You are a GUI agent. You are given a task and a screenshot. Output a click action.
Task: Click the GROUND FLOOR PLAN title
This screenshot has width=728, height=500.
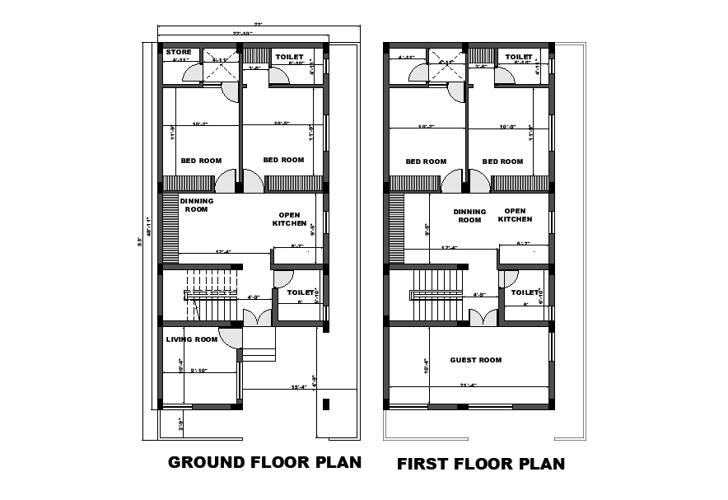point(264,462)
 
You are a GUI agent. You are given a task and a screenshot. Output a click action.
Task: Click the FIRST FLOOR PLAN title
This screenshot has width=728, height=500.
point(481,464)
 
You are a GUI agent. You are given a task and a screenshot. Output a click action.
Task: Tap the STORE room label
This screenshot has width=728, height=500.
point(179,53)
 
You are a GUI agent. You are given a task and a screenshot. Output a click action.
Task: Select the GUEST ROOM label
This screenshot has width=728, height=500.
point(475,360)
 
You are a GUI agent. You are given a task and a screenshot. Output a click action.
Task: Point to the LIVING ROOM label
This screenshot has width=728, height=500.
point(191,339)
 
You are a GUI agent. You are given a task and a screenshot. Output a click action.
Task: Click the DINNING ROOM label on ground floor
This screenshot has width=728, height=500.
point(198,205)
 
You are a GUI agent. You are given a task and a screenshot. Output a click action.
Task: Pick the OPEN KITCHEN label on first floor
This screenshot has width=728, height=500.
point(515,215)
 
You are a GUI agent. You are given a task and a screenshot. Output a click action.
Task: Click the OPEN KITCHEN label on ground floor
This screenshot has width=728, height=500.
point(291,219)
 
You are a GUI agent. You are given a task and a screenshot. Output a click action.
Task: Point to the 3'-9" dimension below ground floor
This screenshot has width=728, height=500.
point(181,424)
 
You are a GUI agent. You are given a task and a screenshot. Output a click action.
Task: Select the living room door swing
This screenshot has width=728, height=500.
point(232,337)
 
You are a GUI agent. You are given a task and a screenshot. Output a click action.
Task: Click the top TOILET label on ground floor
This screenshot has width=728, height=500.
point(288,57)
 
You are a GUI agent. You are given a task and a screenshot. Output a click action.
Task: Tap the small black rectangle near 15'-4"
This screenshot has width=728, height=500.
point(326,404)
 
